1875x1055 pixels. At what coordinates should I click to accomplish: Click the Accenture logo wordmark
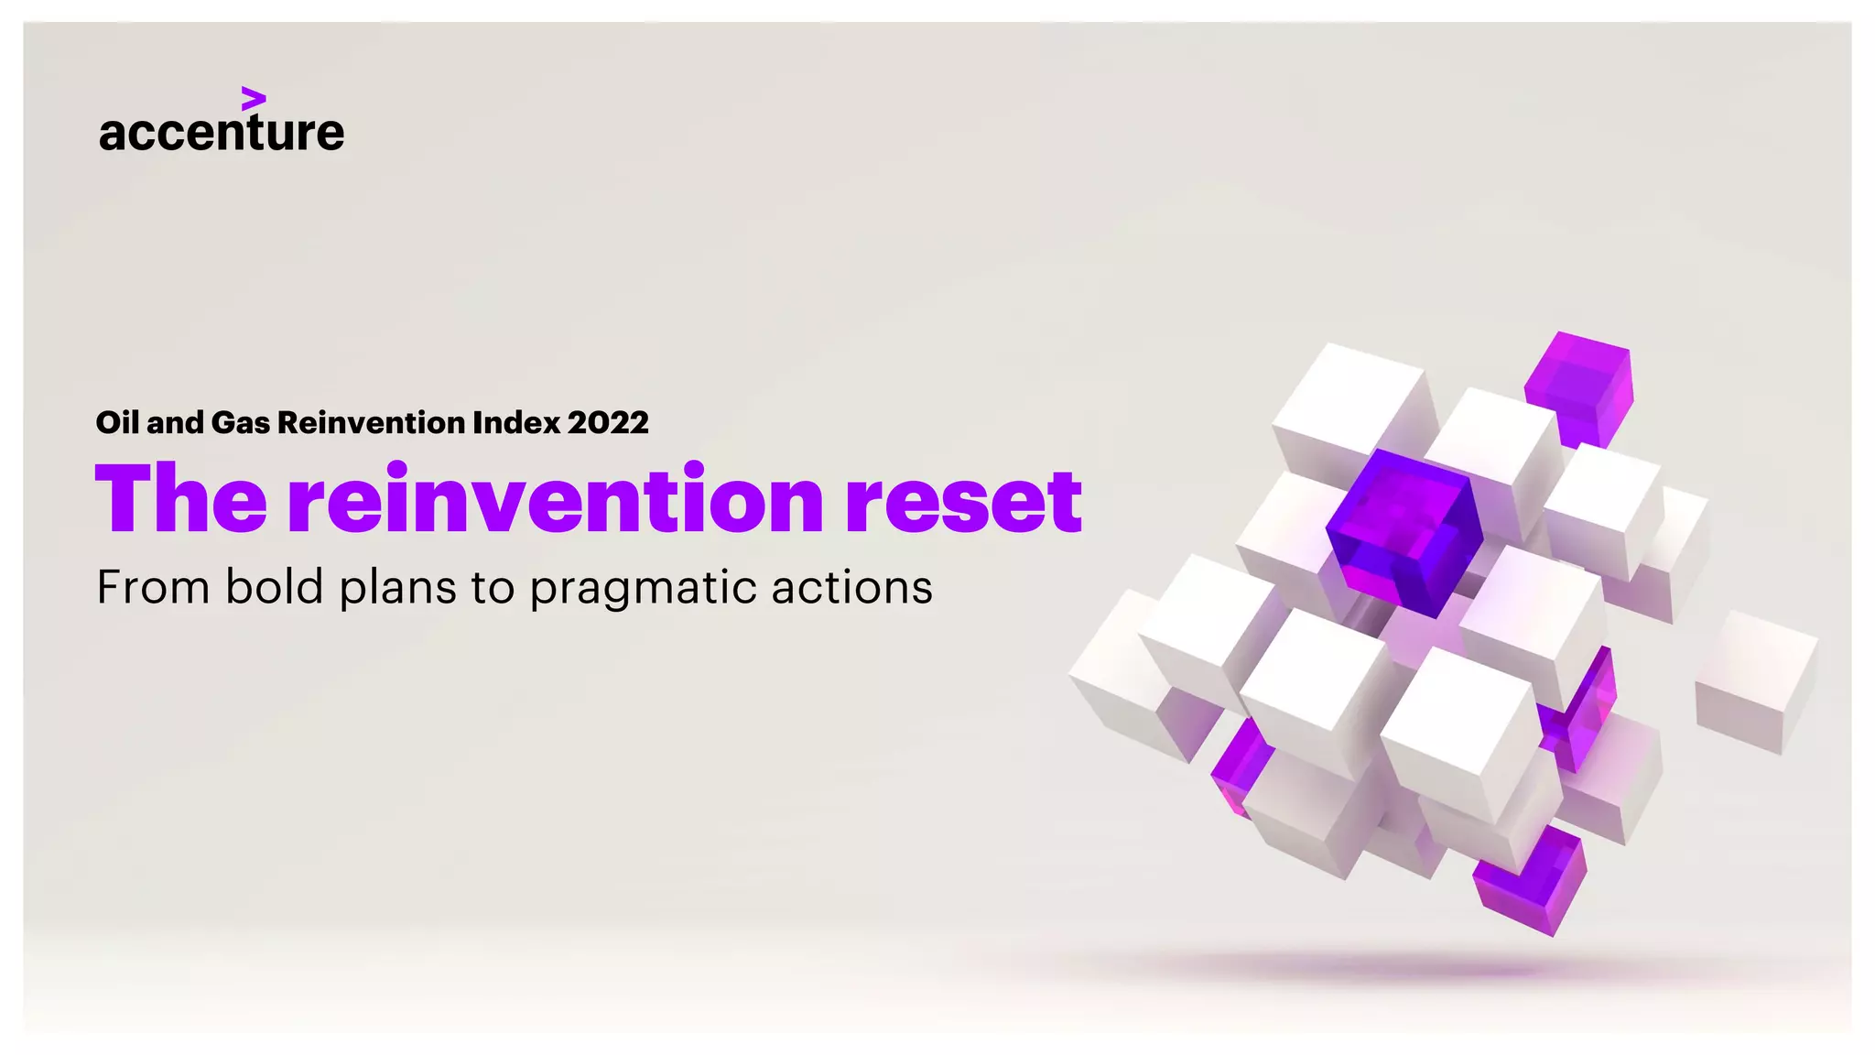coord(222,132)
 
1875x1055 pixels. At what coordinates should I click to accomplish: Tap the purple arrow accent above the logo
coord(254,99)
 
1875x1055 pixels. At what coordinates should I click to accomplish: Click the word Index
coord(516,422)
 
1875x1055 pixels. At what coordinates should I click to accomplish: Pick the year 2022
coord(608,422)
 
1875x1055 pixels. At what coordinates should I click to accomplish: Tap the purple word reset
coord(963,501)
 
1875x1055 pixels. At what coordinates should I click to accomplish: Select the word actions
coord(851,587)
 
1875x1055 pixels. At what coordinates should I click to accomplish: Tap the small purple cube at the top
coord(1579,385)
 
